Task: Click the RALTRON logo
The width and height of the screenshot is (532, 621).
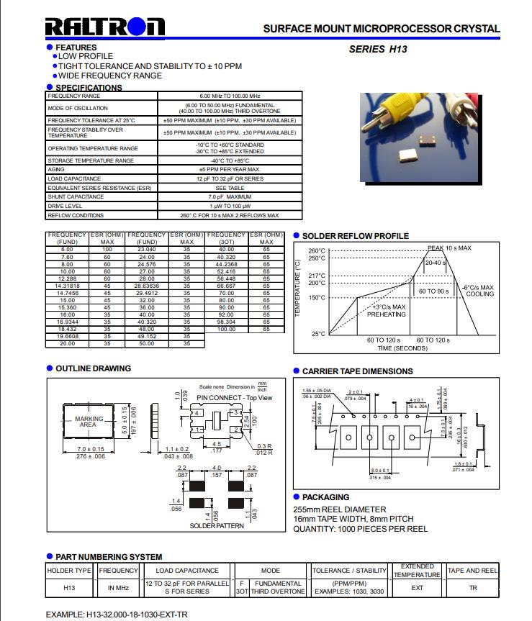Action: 104,28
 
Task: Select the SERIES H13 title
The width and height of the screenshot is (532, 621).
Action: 378,50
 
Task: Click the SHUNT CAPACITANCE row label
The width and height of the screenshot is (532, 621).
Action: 76,196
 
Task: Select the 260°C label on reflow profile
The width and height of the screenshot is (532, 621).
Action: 317,251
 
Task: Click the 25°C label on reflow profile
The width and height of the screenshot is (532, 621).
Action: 319,334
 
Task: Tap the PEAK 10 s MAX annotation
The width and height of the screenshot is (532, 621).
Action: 449,248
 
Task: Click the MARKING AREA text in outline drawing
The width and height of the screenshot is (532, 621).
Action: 89,422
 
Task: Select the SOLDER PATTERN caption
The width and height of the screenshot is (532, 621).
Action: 217,525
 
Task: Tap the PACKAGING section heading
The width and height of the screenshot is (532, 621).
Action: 325,497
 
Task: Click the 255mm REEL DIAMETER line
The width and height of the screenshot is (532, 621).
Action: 340,509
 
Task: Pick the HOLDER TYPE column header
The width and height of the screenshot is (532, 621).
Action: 69,571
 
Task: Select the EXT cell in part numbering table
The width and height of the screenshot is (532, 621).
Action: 418,588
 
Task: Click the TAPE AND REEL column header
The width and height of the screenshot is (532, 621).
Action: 473,571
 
